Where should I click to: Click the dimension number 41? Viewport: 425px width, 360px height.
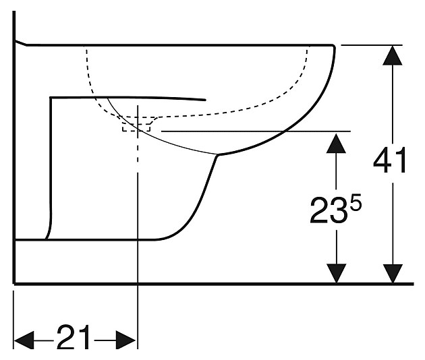(x=391, y=162)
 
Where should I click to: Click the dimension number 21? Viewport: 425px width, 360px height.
(x=74, y=338)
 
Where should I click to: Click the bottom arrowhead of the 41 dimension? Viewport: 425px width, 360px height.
(x=390, y=274)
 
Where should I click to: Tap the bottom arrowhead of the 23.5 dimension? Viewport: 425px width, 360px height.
(x=335, y=274)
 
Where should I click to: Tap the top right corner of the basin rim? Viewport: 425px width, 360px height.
(x=333, y=46)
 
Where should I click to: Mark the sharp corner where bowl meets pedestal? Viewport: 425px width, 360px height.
(x=217, y=156)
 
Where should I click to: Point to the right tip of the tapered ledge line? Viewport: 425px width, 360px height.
(x=205, y=100)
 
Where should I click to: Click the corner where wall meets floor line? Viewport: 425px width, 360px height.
(x=14, y=283)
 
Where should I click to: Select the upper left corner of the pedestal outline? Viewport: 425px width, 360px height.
(x=51, y=98)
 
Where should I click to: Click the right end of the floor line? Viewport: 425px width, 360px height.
(x=412, y=284)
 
